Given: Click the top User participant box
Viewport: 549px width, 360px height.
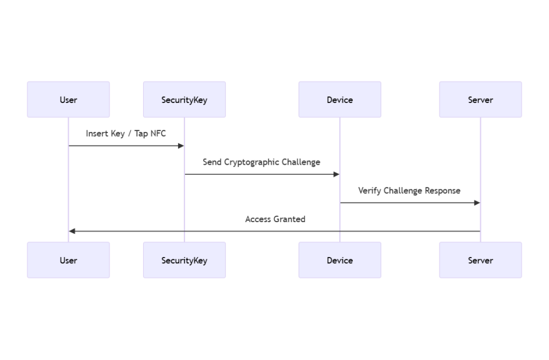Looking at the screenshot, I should coord(68,99).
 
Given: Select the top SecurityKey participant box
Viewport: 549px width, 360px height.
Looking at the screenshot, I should coord(184,99).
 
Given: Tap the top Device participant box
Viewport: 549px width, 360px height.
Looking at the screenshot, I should coord(339,99).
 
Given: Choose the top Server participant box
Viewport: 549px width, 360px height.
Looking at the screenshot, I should coord(480,99).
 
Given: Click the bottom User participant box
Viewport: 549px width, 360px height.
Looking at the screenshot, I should coord(68,260).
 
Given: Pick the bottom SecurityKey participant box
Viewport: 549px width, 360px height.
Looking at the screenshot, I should coord(184,260).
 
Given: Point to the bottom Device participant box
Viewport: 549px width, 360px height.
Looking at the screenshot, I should coord(339,260).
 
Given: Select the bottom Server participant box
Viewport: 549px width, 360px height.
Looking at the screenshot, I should coord(480,260).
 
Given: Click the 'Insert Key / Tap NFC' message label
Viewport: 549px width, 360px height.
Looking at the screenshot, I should coord(126,134).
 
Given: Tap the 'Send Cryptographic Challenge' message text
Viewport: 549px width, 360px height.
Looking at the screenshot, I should coord(262,162).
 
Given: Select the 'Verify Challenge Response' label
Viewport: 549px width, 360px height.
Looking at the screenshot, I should coord(409,190).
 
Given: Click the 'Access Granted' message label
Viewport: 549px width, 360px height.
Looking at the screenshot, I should coord(275,219).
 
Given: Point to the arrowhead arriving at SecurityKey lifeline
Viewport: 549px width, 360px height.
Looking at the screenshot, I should coord(181,146).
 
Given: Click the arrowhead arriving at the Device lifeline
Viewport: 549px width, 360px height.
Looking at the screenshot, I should coord(336,174).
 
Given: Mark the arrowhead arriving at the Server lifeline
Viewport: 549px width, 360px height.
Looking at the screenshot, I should coord(477,203).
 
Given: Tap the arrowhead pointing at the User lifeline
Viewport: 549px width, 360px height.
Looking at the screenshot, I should coord(72,231).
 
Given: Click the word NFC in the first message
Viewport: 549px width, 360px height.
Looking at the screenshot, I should coord(158,134).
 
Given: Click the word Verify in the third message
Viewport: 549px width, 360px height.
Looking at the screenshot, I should coord(369,190).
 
